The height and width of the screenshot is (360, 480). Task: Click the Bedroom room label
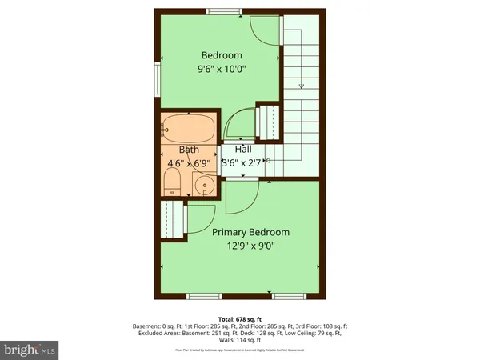point(222,55)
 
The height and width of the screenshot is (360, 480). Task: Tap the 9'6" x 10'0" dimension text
point(222,69)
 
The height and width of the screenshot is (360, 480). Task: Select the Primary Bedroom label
point(250,232)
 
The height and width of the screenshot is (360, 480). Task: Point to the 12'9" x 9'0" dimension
point(250,246)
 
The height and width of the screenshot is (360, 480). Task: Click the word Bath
point(189,150)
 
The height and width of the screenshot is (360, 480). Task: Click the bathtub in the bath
point(187,128)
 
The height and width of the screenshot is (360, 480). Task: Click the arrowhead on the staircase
point(301,85)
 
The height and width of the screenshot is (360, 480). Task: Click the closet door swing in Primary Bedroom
point(200,219)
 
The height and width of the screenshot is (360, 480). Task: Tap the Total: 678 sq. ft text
point(240,318)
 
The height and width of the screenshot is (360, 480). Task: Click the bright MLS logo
point(30,350)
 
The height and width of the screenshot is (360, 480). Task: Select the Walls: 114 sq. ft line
point(240,342)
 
